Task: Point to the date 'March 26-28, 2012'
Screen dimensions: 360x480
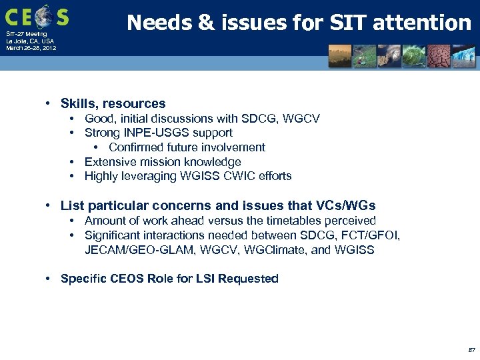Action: click(x=31, y=48)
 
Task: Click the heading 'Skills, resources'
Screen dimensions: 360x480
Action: click(x=113, y=103)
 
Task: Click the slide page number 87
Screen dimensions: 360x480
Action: click(x=471, y=349)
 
